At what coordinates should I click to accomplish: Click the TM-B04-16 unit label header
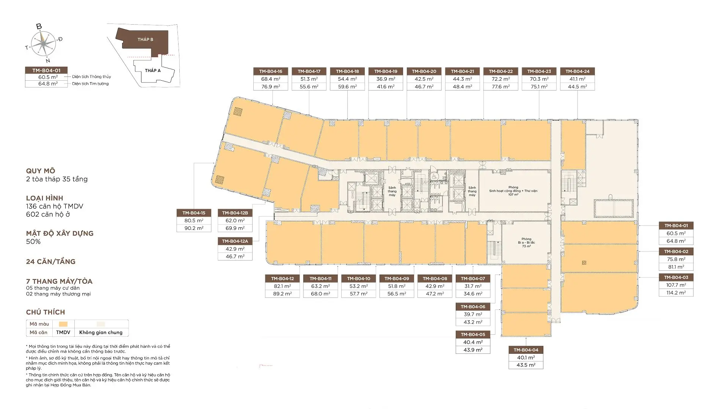coord(271,71)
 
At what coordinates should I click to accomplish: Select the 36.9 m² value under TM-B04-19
coord(386,79)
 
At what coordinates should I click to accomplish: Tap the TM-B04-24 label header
coord(577,71)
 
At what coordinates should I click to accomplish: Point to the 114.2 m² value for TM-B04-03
coord(676,293)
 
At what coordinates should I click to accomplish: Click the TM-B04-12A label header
coord(235,241)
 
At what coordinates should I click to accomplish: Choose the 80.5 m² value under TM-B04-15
coord(194,220)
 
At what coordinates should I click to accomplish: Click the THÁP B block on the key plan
coord(145,39)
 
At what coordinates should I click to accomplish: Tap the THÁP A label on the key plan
coord(153,70)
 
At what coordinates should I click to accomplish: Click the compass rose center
coord(44,43)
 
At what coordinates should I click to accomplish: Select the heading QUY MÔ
coord(41,171)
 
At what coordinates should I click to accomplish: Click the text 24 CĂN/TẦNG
coord(51,262)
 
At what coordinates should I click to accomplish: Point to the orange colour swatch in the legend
coord(63,324)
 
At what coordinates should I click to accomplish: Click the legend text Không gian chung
coord(101,333)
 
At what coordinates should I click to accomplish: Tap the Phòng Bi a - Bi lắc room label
coord(526,242)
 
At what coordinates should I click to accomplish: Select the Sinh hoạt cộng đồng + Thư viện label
coord(513,191)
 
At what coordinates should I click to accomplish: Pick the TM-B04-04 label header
coord(526,350)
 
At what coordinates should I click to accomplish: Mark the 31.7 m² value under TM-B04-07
coord(473,286)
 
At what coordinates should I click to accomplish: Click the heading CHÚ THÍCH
coord(45,312)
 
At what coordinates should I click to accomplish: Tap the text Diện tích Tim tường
coord(90,84)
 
